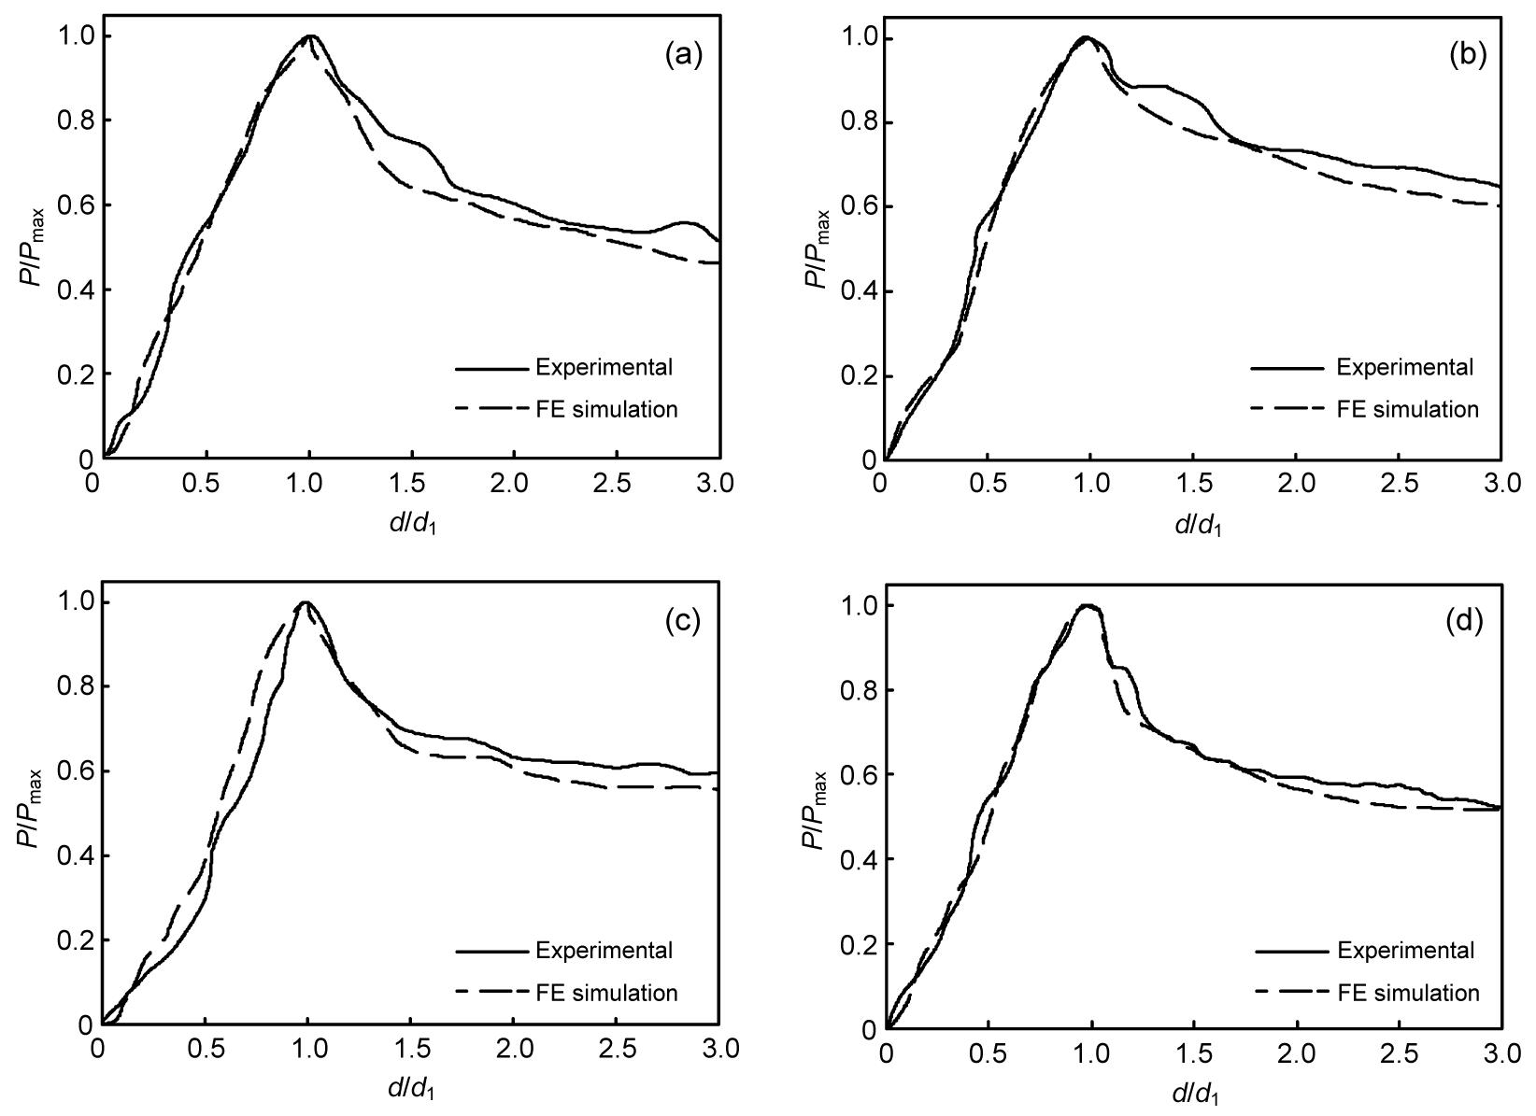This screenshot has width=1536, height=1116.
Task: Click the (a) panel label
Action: pyautogui.click(x=683, y=56)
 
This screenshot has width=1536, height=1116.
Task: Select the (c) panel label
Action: pyautogui.click(x=683, y=621)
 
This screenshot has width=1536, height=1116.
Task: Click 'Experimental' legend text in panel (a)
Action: pyautogui.click(x=604, y=367)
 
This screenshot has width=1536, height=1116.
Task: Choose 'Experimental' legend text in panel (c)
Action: pyautogui.click(x=604, y=951)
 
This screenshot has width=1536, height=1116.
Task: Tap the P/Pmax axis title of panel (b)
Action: pyautogui.click(x=818, y=250)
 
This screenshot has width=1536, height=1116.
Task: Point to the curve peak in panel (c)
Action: pyautogui.click(x=305, y=602)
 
